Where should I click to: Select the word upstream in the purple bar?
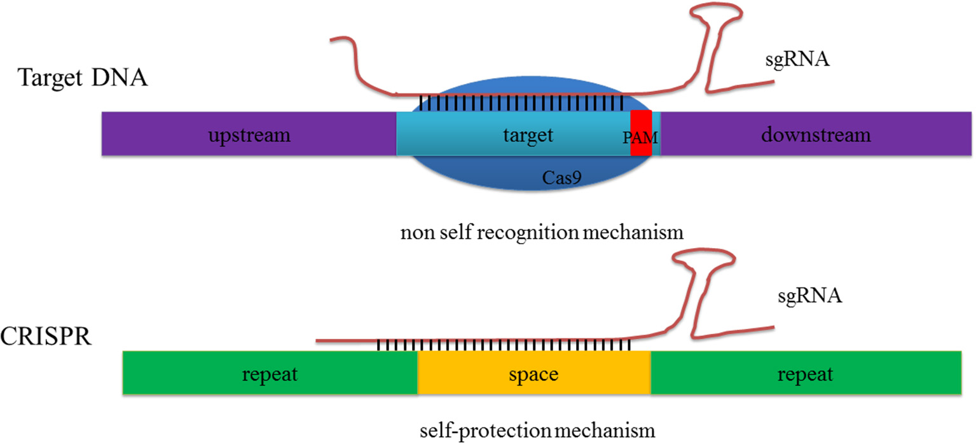249,135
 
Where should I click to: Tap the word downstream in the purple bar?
816,135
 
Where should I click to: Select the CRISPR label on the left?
46,335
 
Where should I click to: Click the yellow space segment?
534,373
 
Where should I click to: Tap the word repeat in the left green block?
270,374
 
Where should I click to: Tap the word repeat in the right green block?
805,374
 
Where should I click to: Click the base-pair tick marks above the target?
521,102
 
